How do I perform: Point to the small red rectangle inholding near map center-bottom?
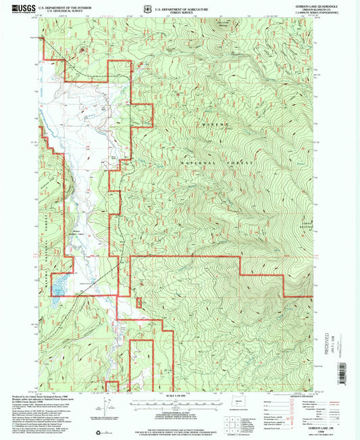(140, 365)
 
